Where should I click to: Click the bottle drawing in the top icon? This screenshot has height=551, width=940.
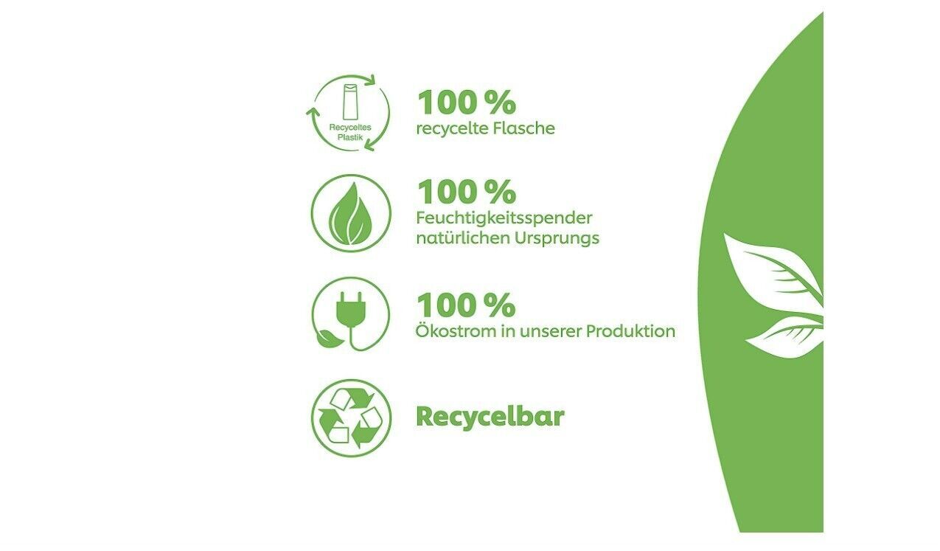349,102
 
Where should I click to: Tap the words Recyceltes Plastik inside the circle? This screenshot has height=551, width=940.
350,132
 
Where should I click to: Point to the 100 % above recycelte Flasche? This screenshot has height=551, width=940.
467,103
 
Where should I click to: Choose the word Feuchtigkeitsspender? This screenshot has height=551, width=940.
504,218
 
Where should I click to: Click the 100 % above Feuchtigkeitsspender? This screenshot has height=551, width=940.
467,192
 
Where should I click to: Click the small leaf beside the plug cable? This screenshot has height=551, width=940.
329,339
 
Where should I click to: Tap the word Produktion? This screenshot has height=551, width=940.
631,331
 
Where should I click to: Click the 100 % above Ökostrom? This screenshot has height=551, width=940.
466,305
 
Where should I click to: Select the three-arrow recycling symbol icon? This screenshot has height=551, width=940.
351,418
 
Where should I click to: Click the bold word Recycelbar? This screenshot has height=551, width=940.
490,417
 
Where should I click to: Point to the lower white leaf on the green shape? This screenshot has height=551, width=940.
784,336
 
